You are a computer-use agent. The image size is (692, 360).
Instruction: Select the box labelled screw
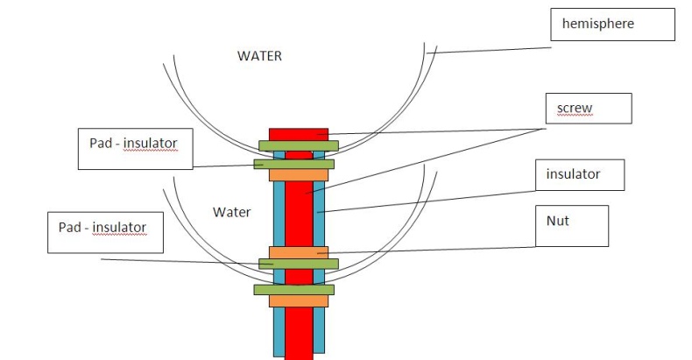(x=590, y=109)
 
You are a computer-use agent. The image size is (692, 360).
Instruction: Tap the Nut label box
(x=571, y=227)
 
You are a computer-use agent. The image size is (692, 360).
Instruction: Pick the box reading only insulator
(x=579, y=174)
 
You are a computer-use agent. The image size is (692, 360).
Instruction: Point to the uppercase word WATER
(x=260, y=55)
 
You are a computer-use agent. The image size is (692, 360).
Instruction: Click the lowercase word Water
(x=232, y=212)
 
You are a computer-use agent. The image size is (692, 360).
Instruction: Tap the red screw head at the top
(x=298, y=133)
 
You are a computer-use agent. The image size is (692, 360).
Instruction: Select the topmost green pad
(x=298, y=145)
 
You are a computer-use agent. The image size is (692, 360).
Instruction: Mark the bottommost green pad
(x=293, y=289)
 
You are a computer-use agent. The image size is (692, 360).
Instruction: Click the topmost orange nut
(x=298, y=174)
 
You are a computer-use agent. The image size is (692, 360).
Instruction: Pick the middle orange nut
(x=298, y=252)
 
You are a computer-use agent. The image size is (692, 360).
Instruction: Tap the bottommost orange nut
(x=298, y=300)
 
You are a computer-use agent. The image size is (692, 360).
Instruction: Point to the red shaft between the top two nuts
(x=299, y=215)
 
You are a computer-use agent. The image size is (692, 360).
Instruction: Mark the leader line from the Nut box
(x=438, y=250)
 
